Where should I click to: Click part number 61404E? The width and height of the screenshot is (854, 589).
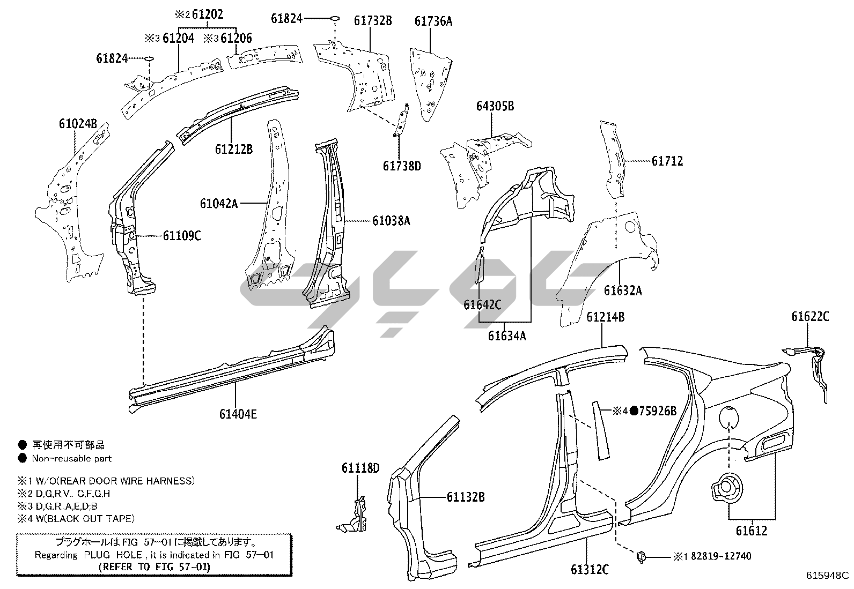[x=238, y=414]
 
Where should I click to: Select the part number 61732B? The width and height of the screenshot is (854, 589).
[x=373, y=21]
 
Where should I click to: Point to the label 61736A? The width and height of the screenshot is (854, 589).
[x=433, y=21]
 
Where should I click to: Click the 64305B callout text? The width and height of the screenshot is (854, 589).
[x=495, y=107]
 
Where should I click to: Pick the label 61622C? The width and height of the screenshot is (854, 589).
[x=809, y=317]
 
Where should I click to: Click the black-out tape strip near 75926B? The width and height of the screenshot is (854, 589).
[x=600, y=429]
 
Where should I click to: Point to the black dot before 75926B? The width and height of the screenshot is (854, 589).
[x=634, y=411]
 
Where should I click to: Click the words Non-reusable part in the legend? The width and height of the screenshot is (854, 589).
[x=72, y=458]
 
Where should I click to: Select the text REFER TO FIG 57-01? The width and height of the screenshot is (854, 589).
[x=155, y=566]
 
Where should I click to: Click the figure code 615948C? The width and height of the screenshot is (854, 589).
[x=828, y=576]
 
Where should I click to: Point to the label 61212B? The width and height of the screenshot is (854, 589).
[x=234, y=149]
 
